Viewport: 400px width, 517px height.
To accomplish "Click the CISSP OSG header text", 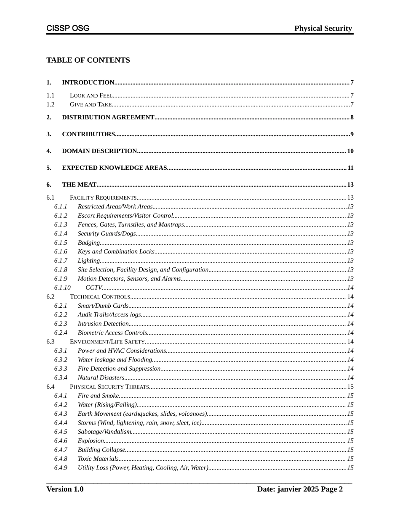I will [x=68, y=29].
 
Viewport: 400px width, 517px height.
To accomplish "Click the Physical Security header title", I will [x=323, y=29].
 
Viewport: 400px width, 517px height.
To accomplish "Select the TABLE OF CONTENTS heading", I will [x=88, y=60].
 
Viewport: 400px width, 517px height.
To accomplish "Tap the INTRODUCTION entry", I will [x=88, y=82].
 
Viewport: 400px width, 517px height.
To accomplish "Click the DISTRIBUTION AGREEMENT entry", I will [x=108, y=117].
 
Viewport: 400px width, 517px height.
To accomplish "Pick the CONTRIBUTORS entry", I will [x=88, y=134].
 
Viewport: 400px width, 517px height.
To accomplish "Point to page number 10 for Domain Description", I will [x=350, y=151].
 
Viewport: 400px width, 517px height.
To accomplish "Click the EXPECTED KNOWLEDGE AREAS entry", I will [x=115, y=168].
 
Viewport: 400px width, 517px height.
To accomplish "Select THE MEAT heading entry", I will [x=79, y=185].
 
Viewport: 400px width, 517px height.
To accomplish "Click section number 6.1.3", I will [x=61, y=224].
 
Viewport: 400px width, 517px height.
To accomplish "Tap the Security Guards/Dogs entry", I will [x=107, y=234].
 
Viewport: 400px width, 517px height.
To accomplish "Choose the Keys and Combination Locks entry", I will [x=116, y=252].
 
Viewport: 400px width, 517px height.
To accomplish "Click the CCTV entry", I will [x=93, y=288].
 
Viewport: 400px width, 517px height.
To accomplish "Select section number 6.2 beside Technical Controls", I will [x=51, y=297].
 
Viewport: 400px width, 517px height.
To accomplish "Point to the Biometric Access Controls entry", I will [x=112, y=333].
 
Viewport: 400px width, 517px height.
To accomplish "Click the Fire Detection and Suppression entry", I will [x=119, y=369].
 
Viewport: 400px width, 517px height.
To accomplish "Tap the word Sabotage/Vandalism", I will [x=104, y=432].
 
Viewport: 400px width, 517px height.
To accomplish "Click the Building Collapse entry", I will [x=101, y=450].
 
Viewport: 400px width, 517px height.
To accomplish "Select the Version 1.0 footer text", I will [x=65, y=489].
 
